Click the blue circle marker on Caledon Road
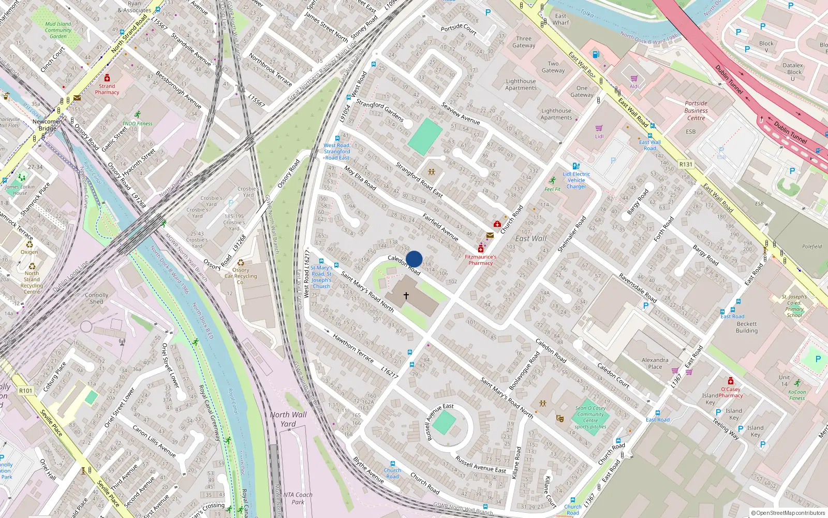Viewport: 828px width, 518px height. tap(414, 259)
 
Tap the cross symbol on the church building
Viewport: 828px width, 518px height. tap(406, 296)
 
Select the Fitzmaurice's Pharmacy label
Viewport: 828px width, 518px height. tap(480, 260)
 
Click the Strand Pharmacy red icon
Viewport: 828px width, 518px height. tap(107, 78)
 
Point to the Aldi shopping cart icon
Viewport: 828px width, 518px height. tap(634, 79)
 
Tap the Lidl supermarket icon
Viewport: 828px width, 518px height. tap(599, 128)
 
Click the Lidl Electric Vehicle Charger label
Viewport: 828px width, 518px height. tap(576, 180)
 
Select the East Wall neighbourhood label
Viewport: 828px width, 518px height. tap(530, 239)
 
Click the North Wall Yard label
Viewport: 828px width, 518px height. tap(288, 419)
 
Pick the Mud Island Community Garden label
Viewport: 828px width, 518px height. tap(58, 30)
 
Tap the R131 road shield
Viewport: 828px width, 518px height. tap(686, 164)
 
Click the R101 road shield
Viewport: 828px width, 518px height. tap(25, 391)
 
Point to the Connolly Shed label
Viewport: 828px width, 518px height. tap(97, 298)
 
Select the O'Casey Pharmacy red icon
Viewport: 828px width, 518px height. tap(730, 381)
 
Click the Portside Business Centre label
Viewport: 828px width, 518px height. tap(696, 110)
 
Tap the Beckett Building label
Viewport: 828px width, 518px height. tap(747, 327)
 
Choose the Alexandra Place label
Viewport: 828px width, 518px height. tap(655, 363)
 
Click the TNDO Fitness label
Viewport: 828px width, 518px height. tap(137, 124)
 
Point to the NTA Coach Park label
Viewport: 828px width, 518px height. tap(298, 498)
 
